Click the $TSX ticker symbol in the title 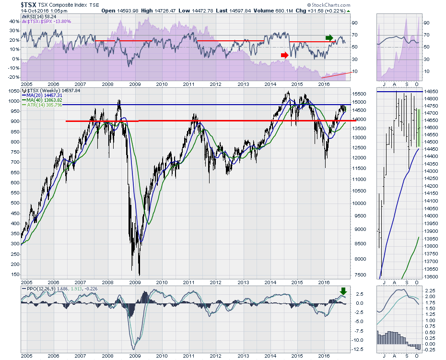28,5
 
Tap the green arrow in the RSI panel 329,37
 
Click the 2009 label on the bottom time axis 135,356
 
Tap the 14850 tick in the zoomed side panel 434,91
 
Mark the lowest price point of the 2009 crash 139,275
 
